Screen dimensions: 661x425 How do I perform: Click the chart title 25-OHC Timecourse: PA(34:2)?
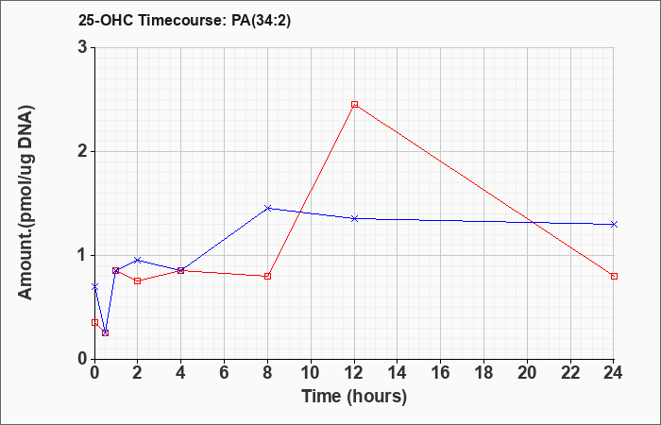185,20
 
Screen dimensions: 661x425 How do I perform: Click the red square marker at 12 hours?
354,105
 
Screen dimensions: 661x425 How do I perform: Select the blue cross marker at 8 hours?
267,209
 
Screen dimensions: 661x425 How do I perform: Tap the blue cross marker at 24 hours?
614,225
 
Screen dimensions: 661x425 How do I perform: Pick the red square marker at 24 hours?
614,276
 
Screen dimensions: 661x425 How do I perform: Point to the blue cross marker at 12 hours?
354,218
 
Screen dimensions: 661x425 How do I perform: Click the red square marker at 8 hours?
267,276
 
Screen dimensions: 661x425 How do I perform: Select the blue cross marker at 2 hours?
138,260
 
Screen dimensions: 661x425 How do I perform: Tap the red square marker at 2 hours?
138,280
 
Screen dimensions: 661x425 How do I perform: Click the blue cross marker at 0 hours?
94,287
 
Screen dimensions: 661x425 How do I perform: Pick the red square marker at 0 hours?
94,323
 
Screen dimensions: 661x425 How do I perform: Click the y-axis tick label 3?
83,47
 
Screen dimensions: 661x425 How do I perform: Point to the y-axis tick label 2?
83,152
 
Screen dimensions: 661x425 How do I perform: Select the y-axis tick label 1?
83,256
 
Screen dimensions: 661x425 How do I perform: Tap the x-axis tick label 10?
311,373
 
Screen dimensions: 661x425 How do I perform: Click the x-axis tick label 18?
483,373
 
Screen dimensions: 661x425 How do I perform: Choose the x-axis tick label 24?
614,373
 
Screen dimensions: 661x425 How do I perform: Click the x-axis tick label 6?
225,373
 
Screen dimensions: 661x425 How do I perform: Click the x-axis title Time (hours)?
354,397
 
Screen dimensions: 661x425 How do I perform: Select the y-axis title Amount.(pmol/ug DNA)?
26,203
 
